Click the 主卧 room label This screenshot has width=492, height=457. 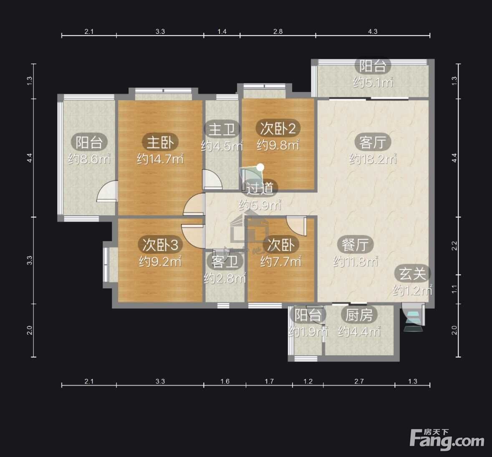click(160, 142)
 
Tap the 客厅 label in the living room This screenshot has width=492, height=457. click(373, 142)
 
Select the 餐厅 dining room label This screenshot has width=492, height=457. click(355, 245)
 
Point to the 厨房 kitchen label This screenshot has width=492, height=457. click(359, 315)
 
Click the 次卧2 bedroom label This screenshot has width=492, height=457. click(278, 128)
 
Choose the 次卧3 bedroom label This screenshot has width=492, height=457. click(160, 245)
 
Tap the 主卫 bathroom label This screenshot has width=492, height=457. click(222, 129)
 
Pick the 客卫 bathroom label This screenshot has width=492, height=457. click(225, 261)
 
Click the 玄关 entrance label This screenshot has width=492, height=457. click(412, 274)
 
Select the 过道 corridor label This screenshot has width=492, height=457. click(260, 188)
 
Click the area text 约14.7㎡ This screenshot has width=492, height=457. click(160, 159)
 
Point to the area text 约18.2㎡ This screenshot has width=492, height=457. click(373, 159)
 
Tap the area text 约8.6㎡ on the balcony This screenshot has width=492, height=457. click(89, 159)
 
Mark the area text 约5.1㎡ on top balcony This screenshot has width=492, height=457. click(373, 82)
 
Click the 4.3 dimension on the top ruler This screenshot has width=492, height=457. click(373, 31)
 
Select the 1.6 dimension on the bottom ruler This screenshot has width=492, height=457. click(225, 381)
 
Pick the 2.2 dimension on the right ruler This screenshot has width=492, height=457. click(454, 246)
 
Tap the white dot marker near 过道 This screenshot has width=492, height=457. click(260, 167)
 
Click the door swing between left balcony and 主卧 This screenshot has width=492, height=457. click(107, 191)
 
